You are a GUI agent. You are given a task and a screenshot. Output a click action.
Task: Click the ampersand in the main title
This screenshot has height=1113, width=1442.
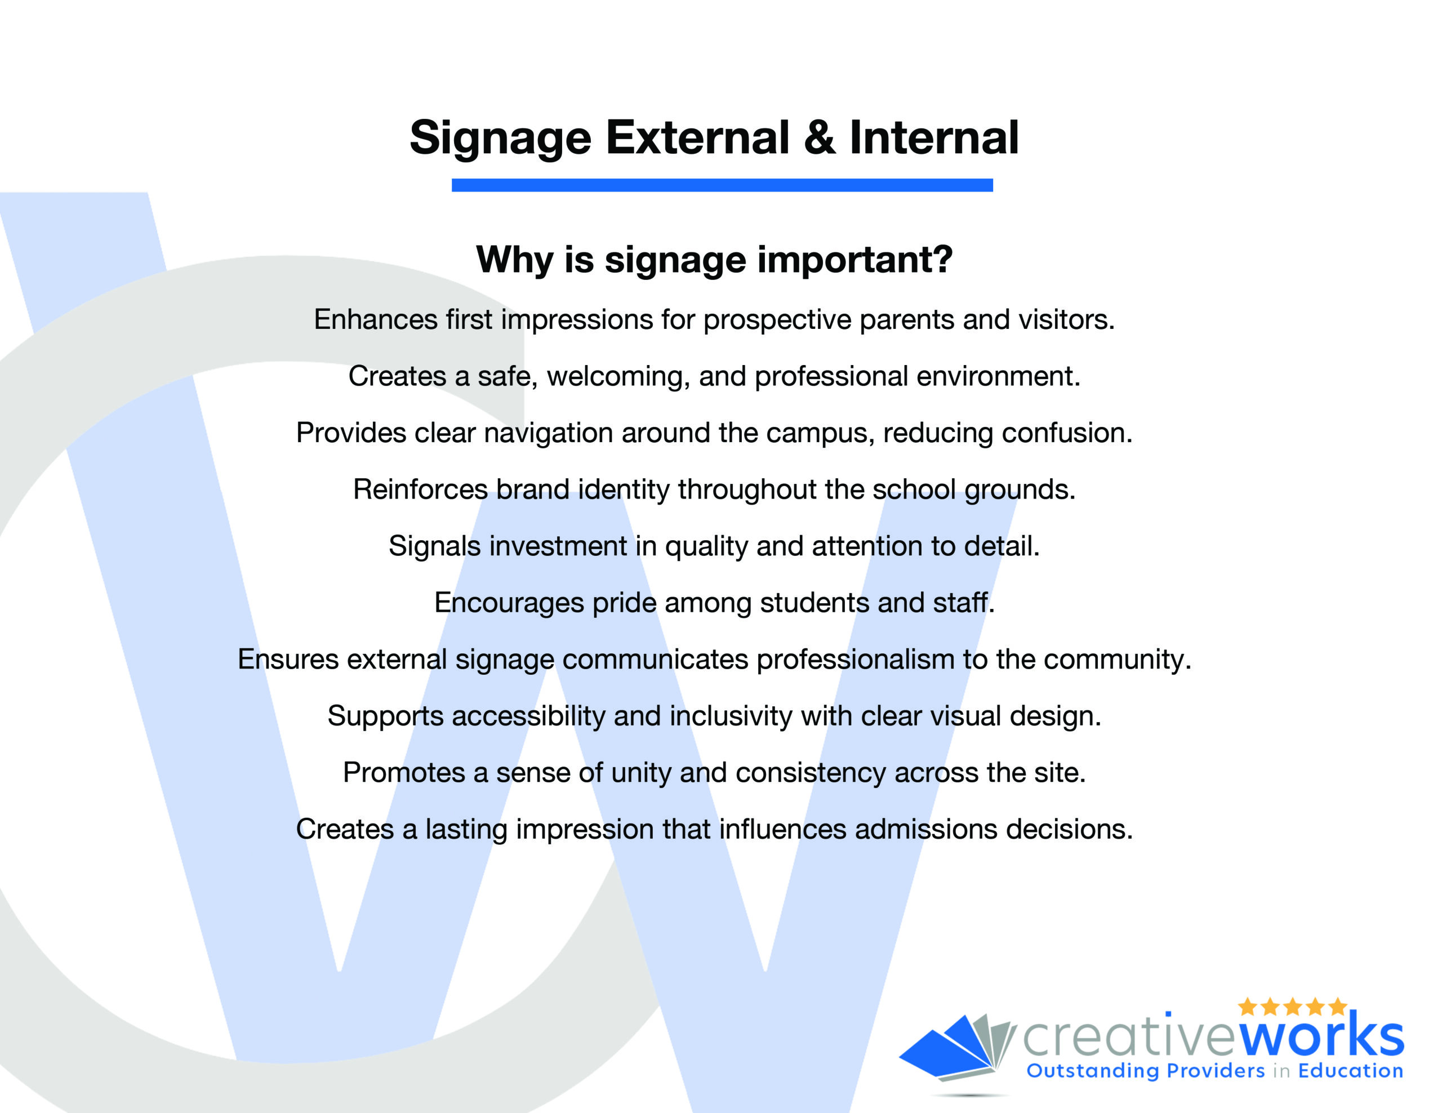(820, 138)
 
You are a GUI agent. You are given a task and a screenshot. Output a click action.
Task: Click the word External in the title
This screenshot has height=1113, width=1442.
(697, 138)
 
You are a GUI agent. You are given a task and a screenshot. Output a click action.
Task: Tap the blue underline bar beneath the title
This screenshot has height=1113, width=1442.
(722, 185)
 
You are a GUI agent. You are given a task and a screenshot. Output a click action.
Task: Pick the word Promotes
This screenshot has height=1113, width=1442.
(404, 773)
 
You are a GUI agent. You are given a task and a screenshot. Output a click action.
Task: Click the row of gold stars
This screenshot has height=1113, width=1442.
(1292, 1006)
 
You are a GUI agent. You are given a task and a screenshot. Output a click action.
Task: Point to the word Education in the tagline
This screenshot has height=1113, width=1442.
(1350, 1071)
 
